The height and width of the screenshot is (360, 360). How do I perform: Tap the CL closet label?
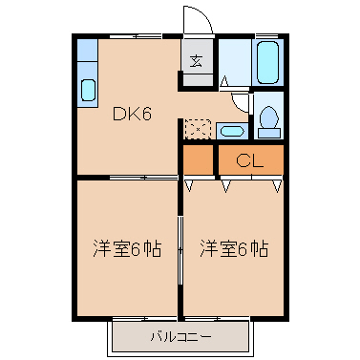(x=250, y=159)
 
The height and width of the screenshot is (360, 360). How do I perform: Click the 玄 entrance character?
(x=197, y=61)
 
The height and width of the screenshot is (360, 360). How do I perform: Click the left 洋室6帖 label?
(x=127, y=250)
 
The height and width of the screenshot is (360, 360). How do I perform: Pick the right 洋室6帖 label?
(x=234, y=250)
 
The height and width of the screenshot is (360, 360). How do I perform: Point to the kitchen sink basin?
(x=87, y=91)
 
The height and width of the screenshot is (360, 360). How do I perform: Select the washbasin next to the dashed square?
(x=229, y=130)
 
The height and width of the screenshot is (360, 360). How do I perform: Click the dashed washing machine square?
(x=198, y=128)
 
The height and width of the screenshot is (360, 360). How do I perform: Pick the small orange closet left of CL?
(x=200, y=160)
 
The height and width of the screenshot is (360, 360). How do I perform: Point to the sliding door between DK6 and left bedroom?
(x=143, y=178)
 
